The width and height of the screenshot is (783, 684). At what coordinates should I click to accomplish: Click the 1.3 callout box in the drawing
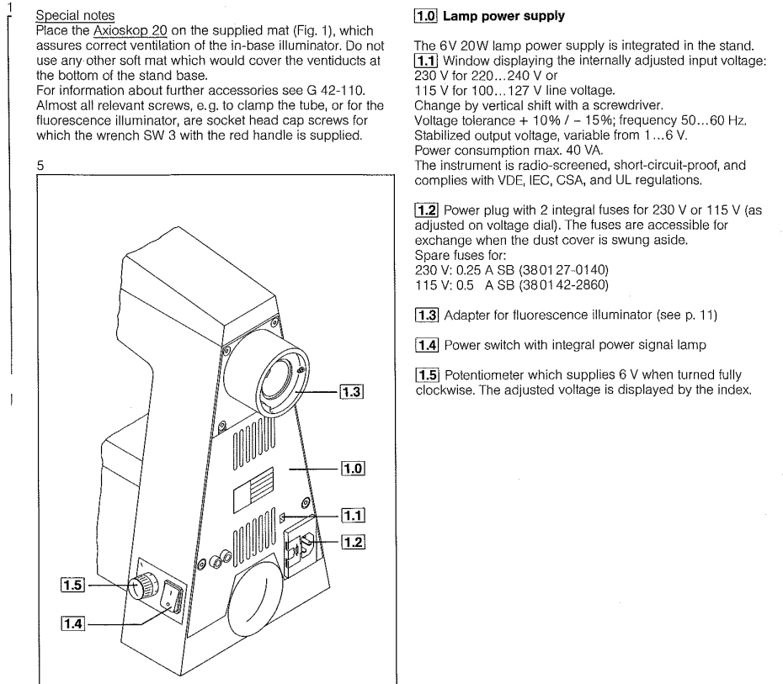(x=352, y=392)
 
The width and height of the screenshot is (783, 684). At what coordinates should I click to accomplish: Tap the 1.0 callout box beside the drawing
(x=353, y=469)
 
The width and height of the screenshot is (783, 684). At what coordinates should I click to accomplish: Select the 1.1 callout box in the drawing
(x=353, y=515)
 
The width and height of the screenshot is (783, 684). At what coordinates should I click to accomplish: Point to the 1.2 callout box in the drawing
(x=353, y=542)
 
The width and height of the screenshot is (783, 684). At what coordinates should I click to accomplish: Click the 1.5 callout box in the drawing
(x=72, y=584)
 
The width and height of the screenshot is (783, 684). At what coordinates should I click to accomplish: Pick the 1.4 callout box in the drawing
(x=73, y=623)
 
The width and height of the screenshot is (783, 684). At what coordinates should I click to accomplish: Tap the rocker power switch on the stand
(x=172, y=596)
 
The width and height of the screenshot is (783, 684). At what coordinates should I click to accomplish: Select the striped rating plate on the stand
(x=253, y=490)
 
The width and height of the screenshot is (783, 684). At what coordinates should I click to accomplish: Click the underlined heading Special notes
(x=75, y=15)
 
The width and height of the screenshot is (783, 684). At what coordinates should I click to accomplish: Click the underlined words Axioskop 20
(x=130, y=30)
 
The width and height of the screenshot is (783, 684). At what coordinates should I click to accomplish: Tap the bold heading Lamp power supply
(x=503, y=16)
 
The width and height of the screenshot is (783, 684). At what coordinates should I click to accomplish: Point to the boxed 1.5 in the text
(x=427, y=374)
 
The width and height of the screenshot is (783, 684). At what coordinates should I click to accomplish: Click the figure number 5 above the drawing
(x=40, y=166)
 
